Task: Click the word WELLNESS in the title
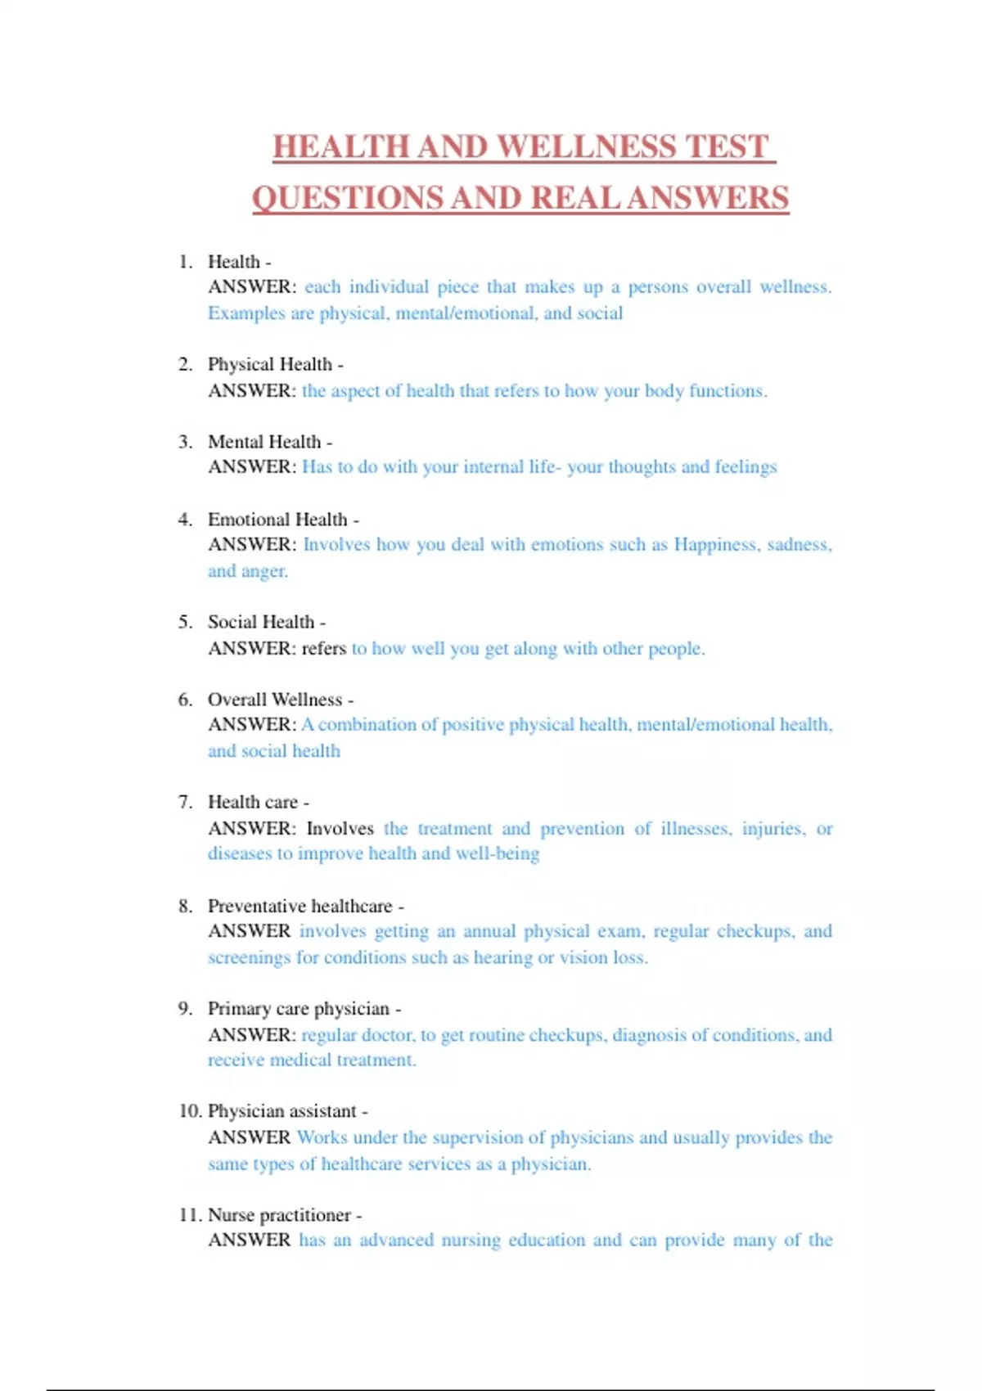tap(587, 147)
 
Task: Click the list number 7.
tap(185, 802)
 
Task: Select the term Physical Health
tap(270, 364)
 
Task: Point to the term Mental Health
tap(264, 442)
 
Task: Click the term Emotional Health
tap(277, 520)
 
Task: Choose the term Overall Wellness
tap(275, 700)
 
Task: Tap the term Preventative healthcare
tap(300, 906)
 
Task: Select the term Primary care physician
tap(299, 1009)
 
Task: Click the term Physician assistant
tap(282, 1111)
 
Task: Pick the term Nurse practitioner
tap(279, 1215)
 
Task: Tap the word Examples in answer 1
tap(239, 313)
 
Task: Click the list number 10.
tap(189, 1111)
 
